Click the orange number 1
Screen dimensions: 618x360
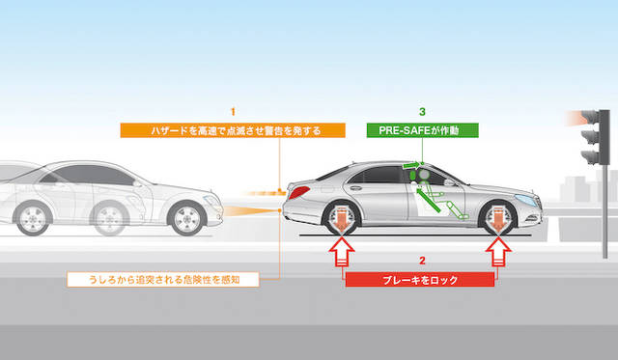point(233,112)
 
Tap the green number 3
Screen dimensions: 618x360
point(422,112)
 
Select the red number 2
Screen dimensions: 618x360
point(422,261)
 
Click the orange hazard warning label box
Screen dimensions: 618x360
point(233,130)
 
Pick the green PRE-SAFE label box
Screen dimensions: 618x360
point(423,130)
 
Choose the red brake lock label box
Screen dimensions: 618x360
point(420,280)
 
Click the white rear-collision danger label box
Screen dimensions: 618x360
point(163,280)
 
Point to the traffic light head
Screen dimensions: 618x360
point(595,137)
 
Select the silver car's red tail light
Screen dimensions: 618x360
point(299,193)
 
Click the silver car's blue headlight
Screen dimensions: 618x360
point(526,200)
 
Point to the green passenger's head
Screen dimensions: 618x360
point(424,174)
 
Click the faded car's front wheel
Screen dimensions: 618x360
point(186,218)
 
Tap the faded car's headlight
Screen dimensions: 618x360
point(212,200)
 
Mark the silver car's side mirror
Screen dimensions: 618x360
point(449,182)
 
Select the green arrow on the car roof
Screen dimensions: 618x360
point(411,165)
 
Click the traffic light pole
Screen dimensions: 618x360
point(605,211)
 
